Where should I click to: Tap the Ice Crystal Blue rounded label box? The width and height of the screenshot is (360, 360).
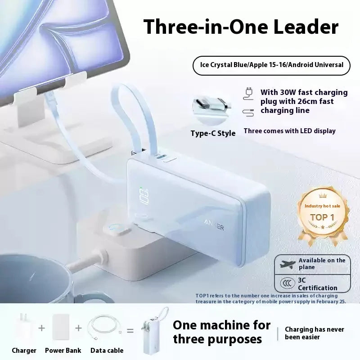click(271, 65)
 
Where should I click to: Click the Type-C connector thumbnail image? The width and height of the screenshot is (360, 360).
click(212, 110)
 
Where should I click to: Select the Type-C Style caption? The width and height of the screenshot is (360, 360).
click(213, 133)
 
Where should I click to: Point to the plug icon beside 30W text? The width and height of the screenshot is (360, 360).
click(248, 94)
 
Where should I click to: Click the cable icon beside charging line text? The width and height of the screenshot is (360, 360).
click(248, 113)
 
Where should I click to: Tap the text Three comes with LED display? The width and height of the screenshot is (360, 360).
click(289, 131)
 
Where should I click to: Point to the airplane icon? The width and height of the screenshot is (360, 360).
click(288, 264)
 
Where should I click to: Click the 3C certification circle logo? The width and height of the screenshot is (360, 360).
click(288, 283)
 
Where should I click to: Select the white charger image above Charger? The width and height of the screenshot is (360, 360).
click(23, 327)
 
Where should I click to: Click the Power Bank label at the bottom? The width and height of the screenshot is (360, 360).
click(63, 351)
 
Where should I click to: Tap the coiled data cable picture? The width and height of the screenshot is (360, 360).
click(105, 327)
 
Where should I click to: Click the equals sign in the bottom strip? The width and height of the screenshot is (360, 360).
click(130, 331)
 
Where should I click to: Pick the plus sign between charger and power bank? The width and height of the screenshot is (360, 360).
click(41, 328)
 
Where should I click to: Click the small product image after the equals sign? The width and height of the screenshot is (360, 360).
click(153, 332)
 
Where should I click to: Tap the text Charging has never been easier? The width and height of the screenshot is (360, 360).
click(314, 333)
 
